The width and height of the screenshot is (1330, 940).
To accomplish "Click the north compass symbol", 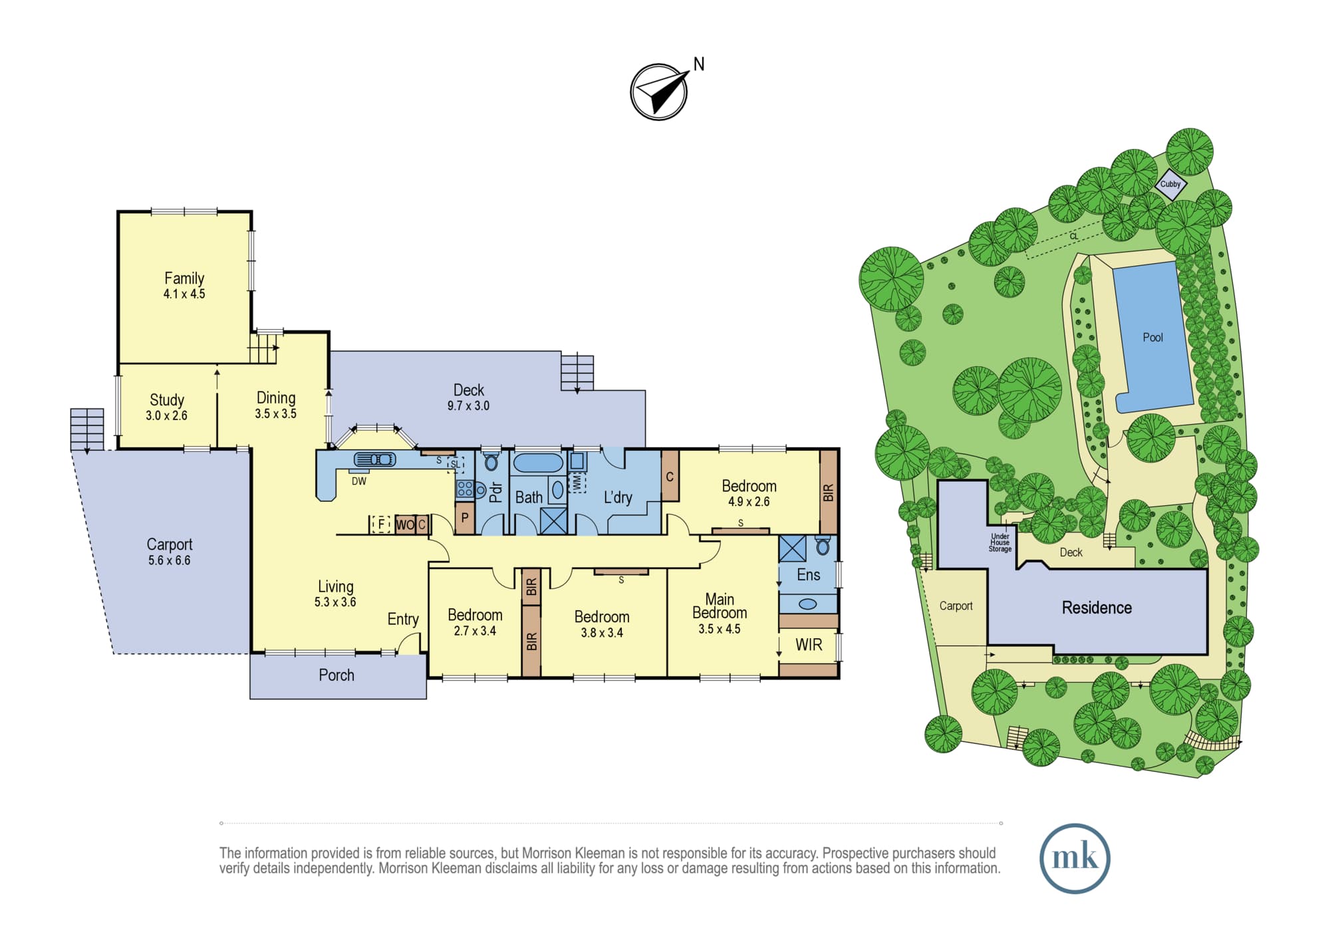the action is pos(659,92).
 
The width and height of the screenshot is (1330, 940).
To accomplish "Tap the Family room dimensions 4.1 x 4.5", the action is pos(184,294).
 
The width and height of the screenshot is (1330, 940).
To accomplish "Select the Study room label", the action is pos(167,400).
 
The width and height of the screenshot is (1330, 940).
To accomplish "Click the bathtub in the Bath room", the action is pos(538,463).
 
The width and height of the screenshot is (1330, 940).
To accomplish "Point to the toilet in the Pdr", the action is pos(491,461).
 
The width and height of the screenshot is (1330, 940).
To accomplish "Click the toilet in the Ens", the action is pos(823,546).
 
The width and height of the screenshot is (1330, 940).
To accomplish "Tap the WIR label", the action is pos(809,644).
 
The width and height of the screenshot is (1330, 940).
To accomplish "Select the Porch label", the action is pos(336,675).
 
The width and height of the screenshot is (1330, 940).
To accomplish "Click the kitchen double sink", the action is pos(374,459).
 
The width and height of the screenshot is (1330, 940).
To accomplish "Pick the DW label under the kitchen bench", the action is pos(359,481).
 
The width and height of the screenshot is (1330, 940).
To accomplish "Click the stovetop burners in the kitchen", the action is pos(464,490).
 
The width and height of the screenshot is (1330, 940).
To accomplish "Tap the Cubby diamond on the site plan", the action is pos(1170,184).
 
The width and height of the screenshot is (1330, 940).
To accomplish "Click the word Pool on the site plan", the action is pos(1152,338).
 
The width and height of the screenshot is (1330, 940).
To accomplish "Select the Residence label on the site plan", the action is pos(1097,608).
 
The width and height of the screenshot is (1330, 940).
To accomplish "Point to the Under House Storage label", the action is pos(1000,542).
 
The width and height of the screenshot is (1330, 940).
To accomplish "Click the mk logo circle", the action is pos(1075,858).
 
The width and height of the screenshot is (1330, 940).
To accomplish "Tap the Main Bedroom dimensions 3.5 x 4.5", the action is pos(720,629).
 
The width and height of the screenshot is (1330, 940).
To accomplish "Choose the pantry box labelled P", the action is pos(465,518).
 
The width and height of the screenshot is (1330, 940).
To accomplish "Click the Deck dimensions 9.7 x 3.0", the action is pos(468,406).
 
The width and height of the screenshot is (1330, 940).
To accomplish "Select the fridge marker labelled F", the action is pos(380,525).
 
